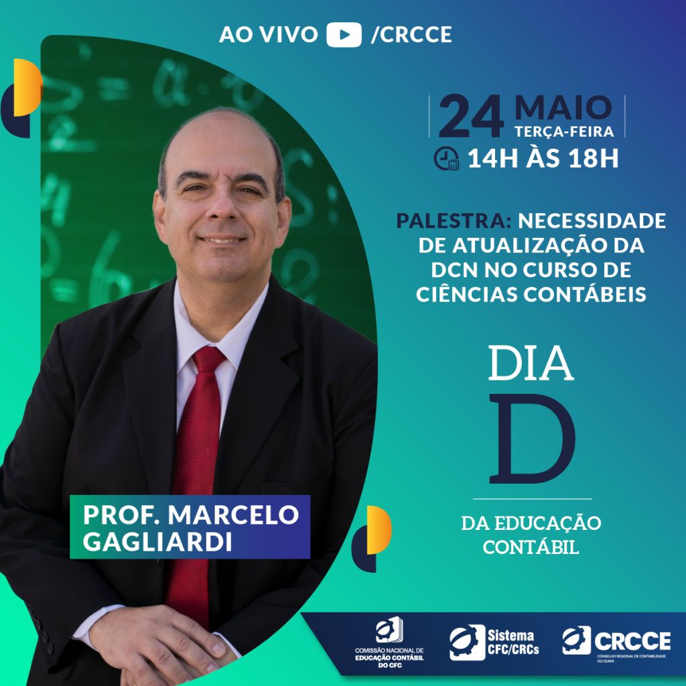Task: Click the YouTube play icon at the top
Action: coord(344,35)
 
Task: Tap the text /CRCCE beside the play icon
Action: coord(411,35)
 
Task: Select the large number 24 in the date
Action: coord(471,117)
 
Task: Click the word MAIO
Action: coord(563,108)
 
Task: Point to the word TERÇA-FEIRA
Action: coord(564,132)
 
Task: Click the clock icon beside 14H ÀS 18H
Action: coord(446,158)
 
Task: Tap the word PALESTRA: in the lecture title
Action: coord(454,220)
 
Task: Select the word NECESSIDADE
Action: coord(592,220)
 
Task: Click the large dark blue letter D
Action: coord(532,439)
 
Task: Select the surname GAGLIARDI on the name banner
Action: coord(157,541)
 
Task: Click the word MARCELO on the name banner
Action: coord(234,514)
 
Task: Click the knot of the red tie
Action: coord(208,359)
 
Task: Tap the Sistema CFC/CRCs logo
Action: coord(494,642)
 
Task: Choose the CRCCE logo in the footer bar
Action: coord(616,643)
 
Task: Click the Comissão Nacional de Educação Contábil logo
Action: coord(389,642)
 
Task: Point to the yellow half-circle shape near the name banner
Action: coord(379,530)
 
